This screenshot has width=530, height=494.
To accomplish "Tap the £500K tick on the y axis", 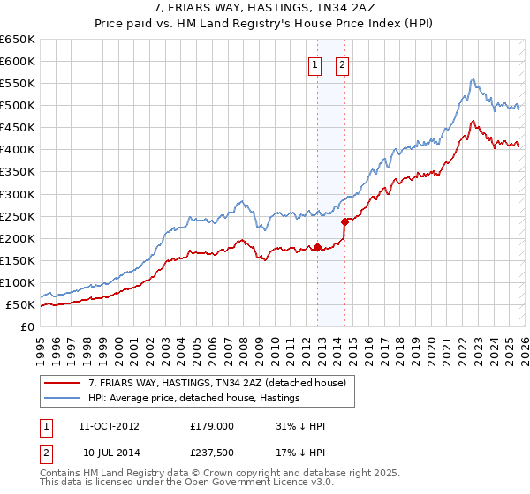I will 18,106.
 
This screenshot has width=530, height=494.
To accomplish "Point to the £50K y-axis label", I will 20,305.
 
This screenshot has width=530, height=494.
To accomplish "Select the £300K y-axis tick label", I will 18,194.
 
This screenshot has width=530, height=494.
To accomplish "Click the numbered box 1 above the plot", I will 314,64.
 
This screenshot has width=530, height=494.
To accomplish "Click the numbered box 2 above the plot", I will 342,64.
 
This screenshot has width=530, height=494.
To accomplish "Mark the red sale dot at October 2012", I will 317,247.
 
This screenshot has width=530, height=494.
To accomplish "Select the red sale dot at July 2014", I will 344,221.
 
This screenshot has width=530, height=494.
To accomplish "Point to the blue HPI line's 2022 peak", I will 473,79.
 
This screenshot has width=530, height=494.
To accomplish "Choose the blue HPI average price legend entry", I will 193,399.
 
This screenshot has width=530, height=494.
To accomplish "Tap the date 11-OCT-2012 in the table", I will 109,426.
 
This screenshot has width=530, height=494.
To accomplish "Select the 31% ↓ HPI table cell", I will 300,426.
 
